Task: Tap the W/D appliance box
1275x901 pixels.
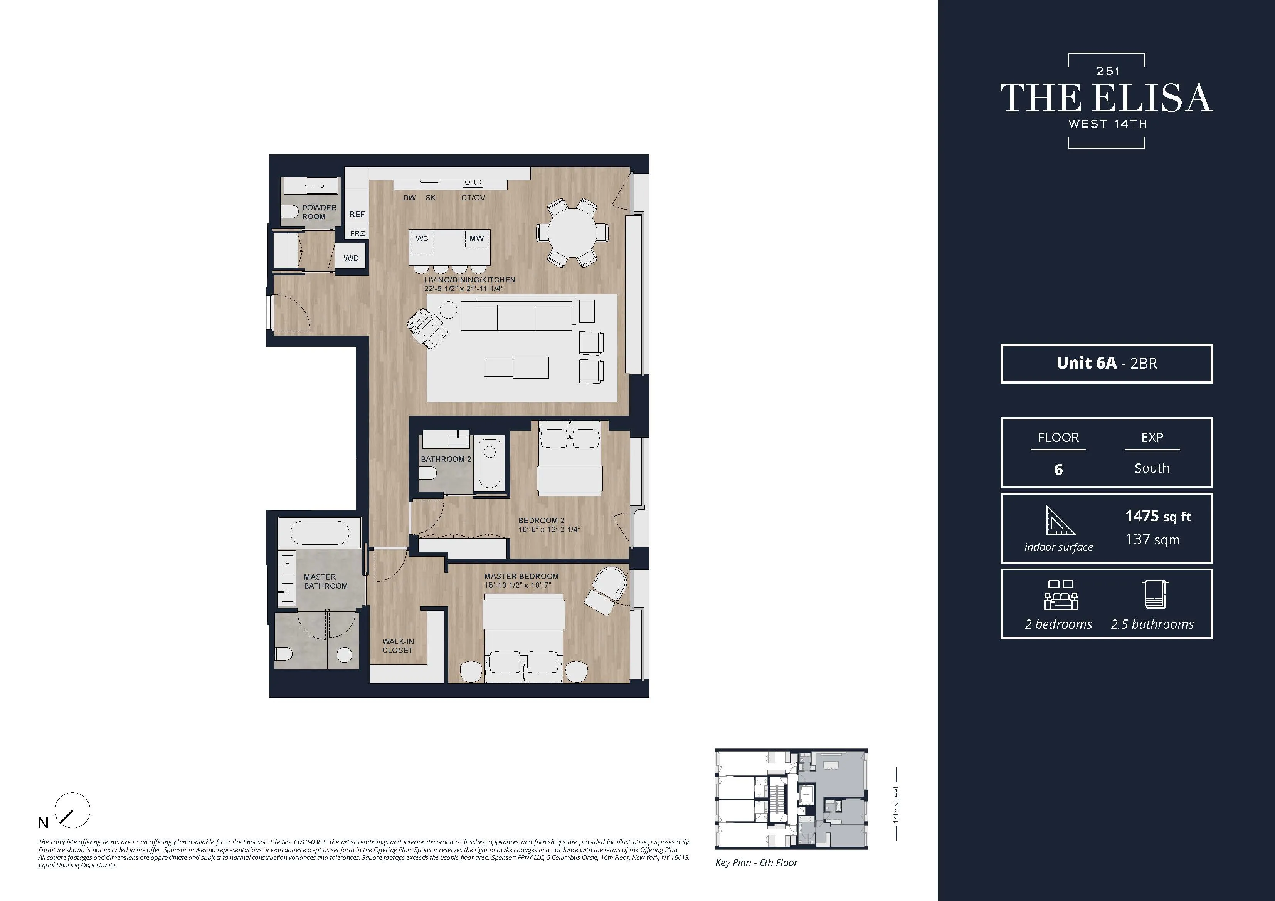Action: point(351,258)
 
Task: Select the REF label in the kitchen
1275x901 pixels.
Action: point(357,214)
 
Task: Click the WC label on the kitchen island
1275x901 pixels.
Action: point(422,239)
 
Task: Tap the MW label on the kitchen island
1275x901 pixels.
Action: point(476,239)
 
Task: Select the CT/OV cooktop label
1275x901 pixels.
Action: point(473,198)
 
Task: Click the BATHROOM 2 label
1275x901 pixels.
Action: point(446,459)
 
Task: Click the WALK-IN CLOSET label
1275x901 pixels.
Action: point(398,646)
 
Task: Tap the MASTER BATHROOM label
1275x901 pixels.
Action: point(325,581)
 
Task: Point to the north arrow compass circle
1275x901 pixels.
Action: point(73,810)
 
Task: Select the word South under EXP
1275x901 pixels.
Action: point(1152,468)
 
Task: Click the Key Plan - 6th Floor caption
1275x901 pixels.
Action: point(756,862)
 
